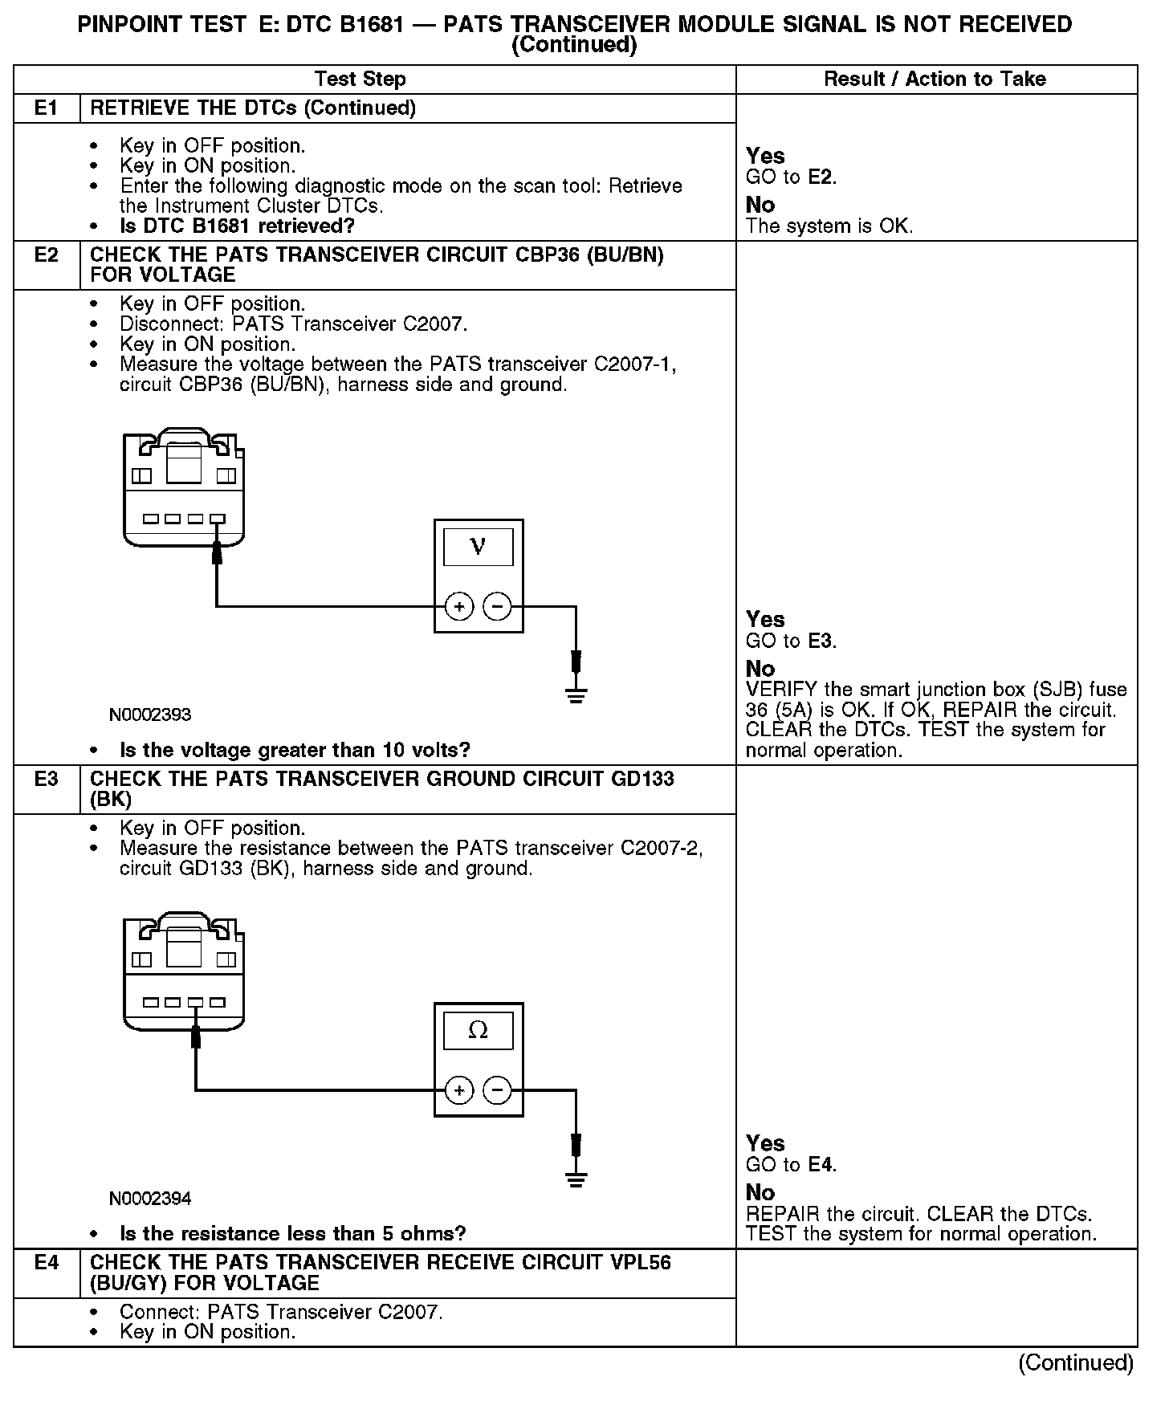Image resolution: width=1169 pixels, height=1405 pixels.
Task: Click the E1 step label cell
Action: pos(47,108)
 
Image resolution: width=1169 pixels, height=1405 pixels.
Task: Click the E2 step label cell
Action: pos(47,255)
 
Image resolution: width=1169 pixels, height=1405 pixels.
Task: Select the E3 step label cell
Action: pos(47,779)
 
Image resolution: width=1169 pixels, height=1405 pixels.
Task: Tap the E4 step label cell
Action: pos(47,1263)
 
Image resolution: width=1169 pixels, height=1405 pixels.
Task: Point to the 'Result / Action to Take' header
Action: pos(935,79)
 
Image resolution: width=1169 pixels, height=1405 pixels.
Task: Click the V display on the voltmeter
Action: pos(478,547)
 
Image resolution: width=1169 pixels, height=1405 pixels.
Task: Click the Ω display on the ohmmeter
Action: pos(478,1030)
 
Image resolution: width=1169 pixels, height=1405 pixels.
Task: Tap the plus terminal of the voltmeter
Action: pos(459,606)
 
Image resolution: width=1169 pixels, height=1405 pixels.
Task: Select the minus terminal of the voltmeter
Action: pos(498,606)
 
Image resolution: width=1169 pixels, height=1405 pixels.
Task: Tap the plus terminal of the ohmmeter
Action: pos(459,1090)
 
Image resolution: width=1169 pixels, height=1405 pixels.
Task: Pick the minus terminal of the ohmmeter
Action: pos(498,1090)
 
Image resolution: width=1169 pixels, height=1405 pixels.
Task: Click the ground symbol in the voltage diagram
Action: pos(576,694)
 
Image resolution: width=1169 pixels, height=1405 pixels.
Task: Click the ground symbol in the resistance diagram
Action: pos(576,1179)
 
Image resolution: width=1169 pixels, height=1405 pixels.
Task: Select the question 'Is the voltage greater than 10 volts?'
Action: pos(295,750)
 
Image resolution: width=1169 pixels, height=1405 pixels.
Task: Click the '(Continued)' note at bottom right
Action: pos(1075,1362)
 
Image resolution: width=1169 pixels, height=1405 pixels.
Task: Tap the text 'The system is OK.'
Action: pos(829,226)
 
